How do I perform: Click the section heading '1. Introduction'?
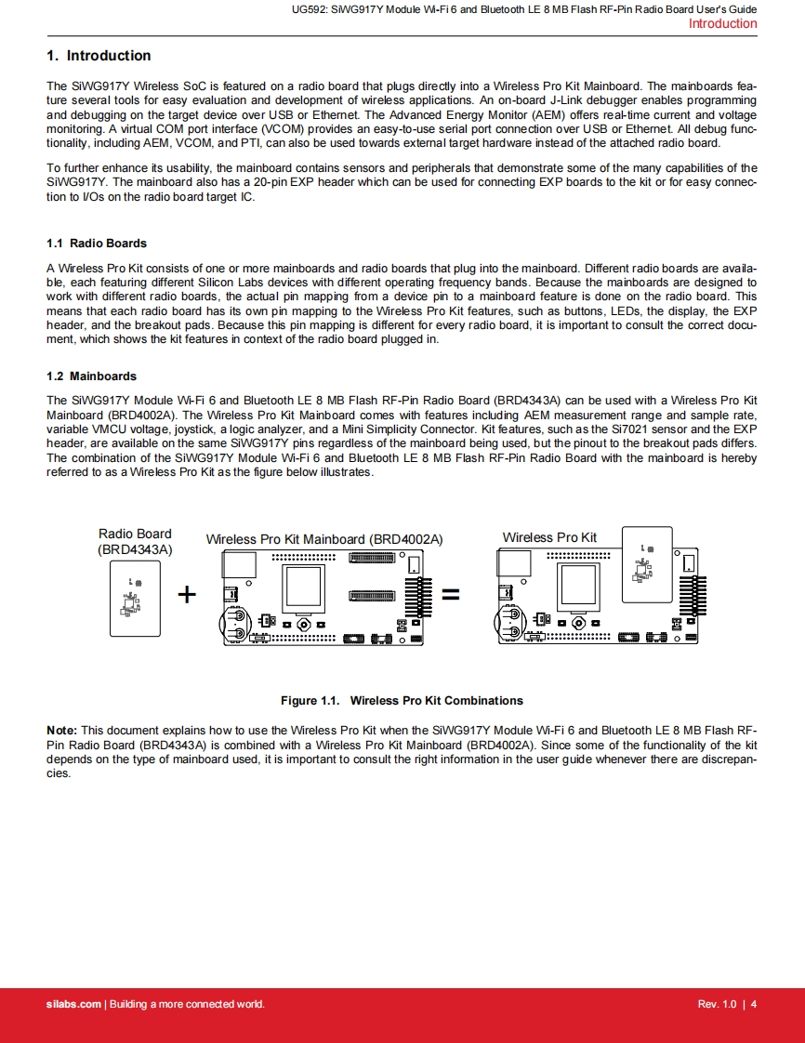tap(99, 56)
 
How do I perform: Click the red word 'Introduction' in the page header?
tap(722, 24)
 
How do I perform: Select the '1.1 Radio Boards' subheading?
tap(97, 244)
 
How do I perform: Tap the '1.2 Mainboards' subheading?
tap(91, 376)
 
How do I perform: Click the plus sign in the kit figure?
tap(187, 594)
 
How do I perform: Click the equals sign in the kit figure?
tap(450, 594)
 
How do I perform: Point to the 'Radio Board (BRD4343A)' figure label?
tap(135, 541)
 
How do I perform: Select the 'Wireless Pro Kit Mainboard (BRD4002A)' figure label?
tap(324, 539)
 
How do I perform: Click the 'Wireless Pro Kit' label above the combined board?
tap(549, 537)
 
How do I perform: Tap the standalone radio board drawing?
tap(135, 599)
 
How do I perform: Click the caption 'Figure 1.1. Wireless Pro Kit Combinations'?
tap(402, 701)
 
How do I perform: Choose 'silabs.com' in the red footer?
tap(73, 1004)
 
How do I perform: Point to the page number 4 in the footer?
tap(754, 1004)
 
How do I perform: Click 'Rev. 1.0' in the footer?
tap(717, 1004)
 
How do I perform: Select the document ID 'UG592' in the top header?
tap(307, 9)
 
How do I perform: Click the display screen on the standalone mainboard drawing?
tap(302, 588)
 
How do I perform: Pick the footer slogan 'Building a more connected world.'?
tap(187, 1004)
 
